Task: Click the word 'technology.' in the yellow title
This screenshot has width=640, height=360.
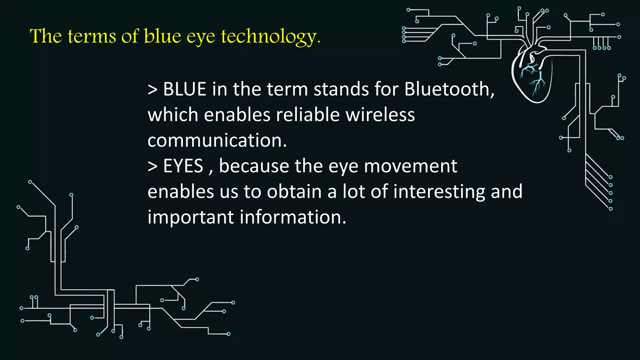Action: [271, 37]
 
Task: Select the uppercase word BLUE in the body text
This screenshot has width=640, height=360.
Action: [185, 89]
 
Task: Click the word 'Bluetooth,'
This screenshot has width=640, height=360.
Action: [449, 89]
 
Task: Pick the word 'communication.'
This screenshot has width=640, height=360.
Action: [217, 141]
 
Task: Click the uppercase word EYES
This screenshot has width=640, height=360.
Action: [183, 166]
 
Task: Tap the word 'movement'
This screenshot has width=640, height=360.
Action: [410, 166]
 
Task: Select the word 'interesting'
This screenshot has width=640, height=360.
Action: [439, 192]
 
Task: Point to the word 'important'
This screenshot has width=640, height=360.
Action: [191, 218]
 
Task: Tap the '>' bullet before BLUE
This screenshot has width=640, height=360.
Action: [152, 90]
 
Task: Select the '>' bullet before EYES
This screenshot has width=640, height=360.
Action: [152, 167]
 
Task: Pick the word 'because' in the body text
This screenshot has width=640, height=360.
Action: [254, 166]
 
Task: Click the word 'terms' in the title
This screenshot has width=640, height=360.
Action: [92, 37]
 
